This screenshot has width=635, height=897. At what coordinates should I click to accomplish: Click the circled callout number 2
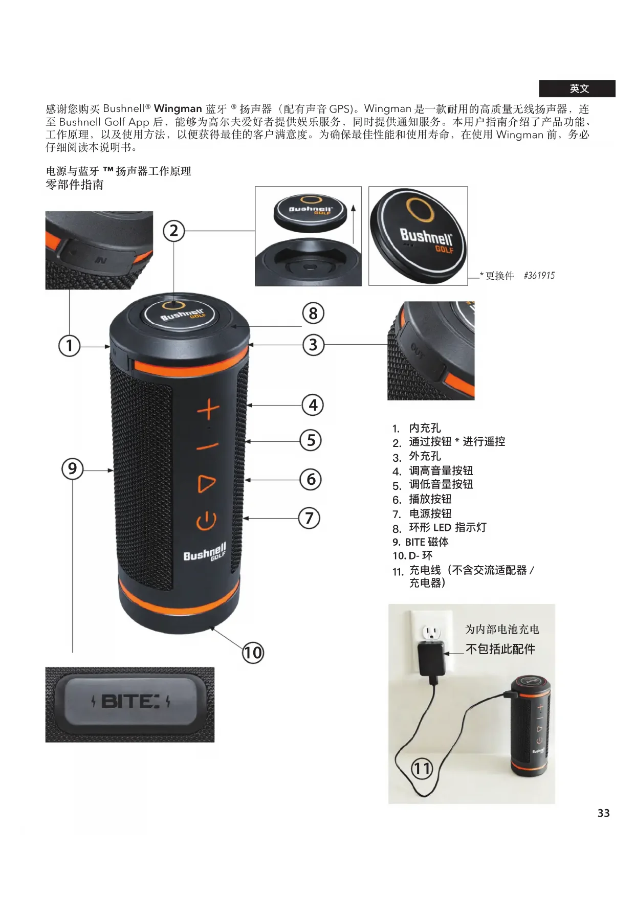(x=174, y=231)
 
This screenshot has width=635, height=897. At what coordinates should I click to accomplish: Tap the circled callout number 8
(x=313, y=313)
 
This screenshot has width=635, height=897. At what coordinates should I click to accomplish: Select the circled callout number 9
(x=72, y=468)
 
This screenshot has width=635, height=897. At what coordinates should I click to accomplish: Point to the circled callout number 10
(x=253, y=653)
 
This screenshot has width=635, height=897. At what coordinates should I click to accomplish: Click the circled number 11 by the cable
(x=423, y=768)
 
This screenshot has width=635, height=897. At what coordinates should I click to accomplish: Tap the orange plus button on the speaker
(x=209, y=410)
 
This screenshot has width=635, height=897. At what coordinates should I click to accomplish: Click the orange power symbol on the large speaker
(x=206, y=521)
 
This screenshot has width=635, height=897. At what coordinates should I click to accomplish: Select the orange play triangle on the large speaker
(x=206, y=483)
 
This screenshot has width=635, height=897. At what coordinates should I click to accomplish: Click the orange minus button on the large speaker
(x=208, y=446)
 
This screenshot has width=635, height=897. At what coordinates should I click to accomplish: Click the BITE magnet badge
(x=129, y=702)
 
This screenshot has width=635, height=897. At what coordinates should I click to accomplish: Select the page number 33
(x=604, y=813)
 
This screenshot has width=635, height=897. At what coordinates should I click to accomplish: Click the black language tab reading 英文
(x=577, y=88)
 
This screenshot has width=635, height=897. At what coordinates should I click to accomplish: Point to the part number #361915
(x=539, y=276)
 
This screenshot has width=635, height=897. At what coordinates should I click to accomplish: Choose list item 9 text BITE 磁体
(x=427, y=542)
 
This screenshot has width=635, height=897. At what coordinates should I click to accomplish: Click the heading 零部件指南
(x=75, y=185)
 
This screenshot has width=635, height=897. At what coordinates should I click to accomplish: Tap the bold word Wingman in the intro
(x=178, y=108)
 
